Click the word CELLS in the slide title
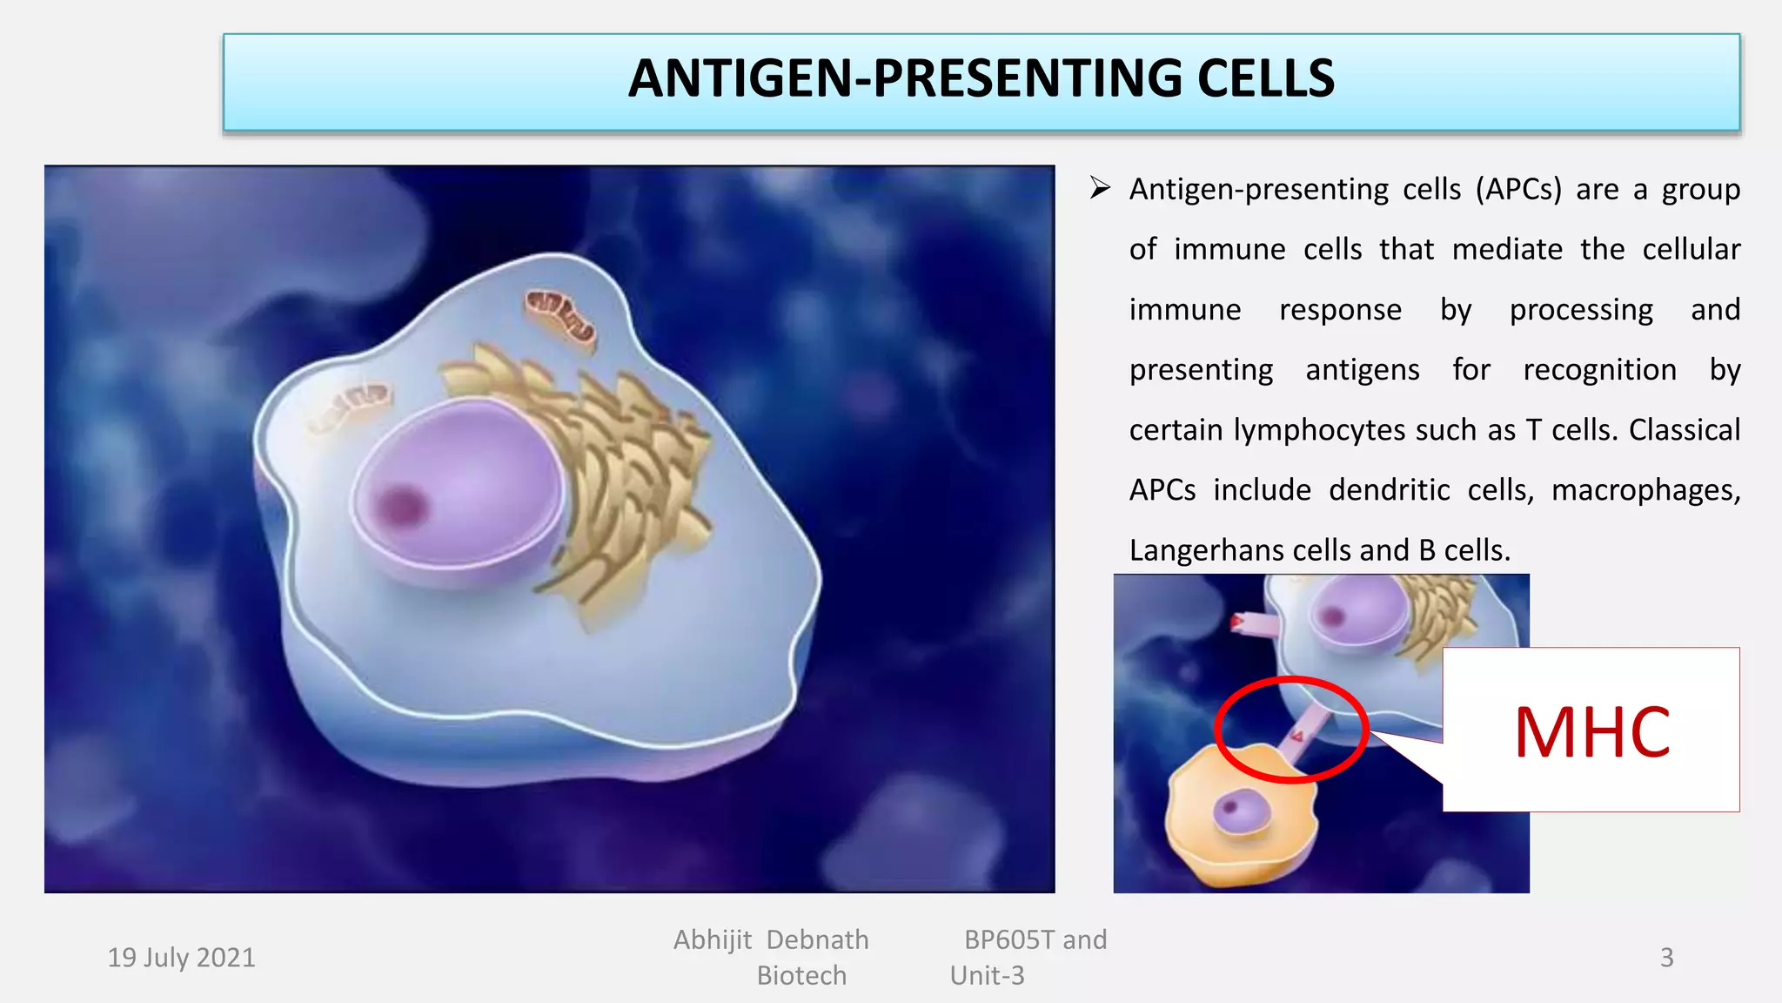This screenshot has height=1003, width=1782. tap(1265, 78)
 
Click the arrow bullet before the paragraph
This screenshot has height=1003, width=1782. tap(1100, 188)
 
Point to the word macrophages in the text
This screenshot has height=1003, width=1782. tap(1645, 490)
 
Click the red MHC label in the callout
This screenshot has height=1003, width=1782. tap(1591, 732)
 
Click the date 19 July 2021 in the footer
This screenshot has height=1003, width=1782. tap(181, 958)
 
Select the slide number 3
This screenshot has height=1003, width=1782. tap(1666, 958)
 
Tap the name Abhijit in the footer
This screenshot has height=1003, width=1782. tap(712, 940)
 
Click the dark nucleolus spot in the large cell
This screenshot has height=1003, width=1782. tap(401, 505)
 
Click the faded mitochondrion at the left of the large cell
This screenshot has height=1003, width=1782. tap(349, 406)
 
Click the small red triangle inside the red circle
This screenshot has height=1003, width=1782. tap(1297, 737)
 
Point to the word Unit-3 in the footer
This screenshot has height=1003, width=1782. tap(988, 976)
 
